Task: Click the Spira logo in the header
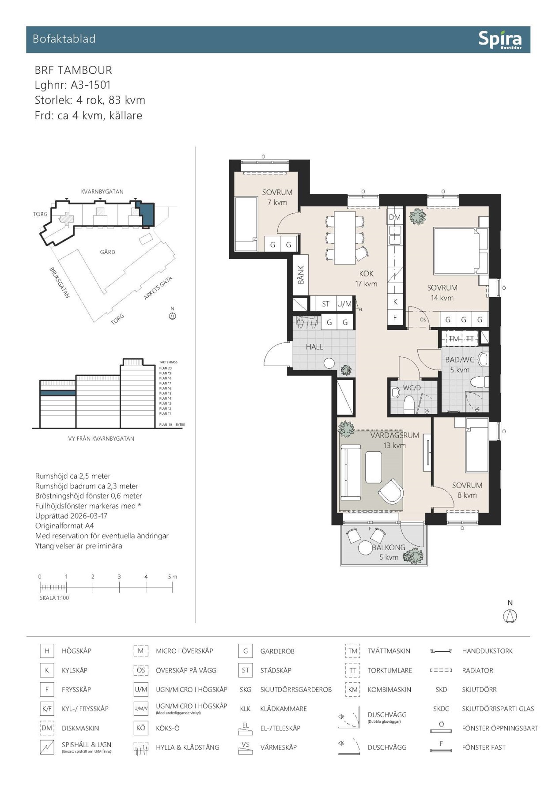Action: (500, 40)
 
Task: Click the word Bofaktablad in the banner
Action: (64, 39)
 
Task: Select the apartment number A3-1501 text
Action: (91, 85)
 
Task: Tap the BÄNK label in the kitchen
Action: (301, 275)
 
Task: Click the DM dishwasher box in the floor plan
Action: (394, 217)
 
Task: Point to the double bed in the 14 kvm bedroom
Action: (456, 251)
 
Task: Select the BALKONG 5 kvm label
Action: (389, 552)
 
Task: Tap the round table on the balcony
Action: (366, 548)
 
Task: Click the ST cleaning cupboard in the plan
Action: (325, 304)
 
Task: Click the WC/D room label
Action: (412, 388)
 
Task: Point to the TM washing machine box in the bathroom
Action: (454, 339)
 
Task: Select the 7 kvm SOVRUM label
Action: (277, 197)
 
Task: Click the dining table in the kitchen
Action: (344, 238)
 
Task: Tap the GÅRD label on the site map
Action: (107, 252)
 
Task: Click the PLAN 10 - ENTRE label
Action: (172, 424)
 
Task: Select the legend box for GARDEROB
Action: (245, 651)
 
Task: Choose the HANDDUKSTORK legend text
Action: (487, 651)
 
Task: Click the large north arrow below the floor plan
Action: (510, 616)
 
